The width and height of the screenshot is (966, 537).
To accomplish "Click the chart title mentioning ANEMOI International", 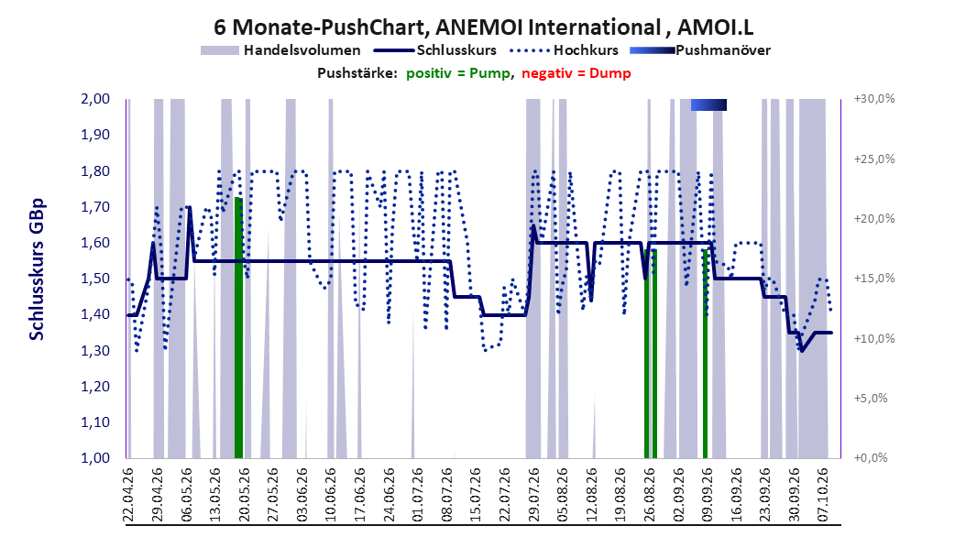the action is [x=484, y=27].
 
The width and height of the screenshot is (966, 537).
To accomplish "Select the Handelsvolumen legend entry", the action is [x=281, y=50].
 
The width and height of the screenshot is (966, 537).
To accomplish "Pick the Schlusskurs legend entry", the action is [x=435, y=50].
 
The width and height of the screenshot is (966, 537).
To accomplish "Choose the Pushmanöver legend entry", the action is [x=700, y=50].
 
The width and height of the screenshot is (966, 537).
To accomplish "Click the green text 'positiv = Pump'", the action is [x=457, y=73].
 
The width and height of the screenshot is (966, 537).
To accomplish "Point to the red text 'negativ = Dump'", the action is [x=576, y=73].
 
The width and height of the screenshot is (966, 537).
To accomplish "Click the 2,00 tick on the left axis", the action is [x=95, y=99].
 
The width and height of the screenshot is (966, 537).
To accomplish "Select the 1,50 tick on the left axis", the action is [x=95, y=279].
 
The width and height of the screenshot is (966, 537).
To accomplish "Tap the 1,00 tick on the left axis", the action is [x=95, y=457].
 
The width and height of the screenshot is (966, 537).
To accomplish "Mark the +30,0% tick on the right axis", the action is [x=874, y=99].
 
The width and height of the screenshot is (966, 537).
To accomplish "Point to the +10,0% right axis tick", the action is [x=874, y=338].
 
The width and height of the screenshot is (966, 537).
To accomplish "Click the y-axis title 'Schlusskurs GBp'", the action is [x=37, y=269].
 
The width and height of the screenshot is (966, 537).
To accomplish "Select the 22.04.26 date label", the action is [x=128, y=495].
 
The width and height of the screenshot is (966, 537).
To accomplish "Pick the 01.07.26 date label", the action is [x=417, y=495].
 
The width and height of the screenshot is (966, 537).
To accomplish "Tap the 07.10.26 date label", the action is [x=823, y=495].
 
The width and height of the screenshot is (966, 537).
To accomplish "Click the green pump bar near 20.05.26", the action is [x=238, y=328].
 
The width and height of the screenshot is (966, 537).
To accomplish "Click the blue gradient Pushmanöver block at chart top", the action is [x=708, y=105].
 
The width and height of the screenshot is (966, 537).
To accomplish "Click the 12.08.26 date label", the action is [x=591, y=495].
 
